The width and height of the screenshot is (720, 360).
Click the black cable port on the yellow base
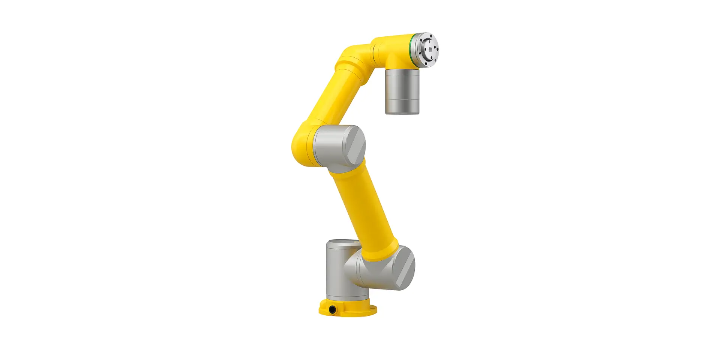tap(332, 310)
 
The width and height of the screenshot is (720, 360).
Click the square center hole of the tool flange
tap(429, 48)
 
